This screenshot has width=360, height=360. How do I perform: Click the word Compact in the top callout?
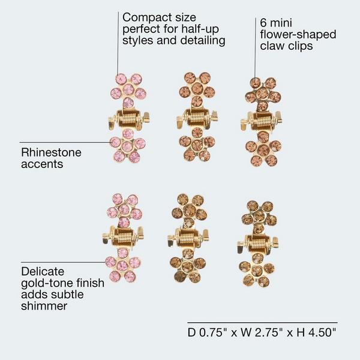pos(147,17)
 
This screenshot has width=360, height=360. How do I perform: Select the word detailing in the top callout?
pos(203,41)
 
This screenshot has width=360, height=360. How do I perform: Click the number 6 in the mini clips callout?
pos(263,23)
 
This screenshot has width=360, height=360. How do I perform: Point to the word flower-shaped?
pos(298,35)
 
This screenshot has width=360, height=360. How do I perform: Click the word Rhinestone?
pos(51,152)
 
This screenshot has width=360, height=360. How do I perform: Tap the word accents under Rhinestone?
pos(42,164)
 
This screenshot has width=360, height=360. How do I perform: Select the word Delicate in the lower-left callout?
pos(43,272)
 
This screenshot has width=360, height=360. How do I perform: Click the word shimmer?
pos(44,306)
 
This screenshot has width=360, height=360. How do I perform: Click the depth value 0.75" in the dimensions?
pos(212,332)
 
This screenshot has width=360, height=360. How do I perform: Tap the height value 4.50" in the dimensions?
pos(322,332)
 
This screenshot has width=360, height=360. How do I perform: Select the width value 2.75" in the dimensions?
pos(268,332)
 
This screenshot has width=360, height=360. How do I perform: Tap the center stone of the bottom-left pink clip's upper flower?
pos(124,209)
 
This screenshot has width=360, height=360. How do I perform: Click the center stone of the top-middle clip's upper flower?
pos(197,88)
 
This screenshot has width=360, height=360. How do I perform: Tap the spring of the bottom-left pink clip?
pos(124,237)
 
